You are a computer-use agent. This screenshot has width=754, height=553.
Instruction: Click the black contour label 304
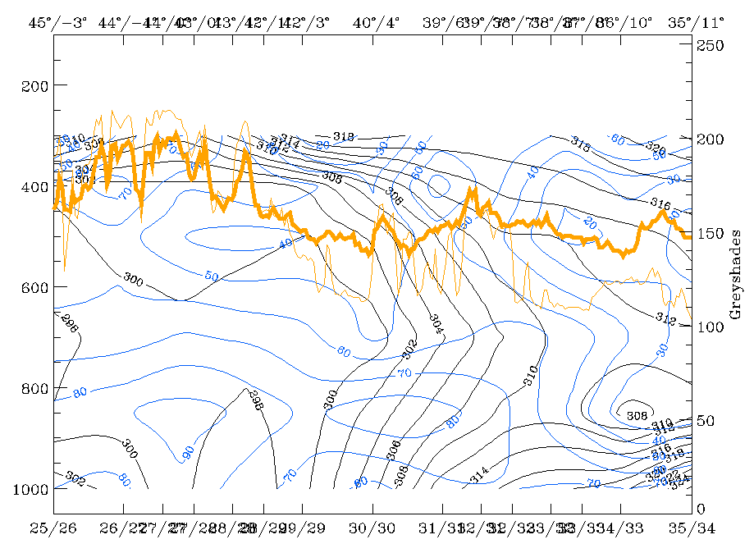coord(436,322)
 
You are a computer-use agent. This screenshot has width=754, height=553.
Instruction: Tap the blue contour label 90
coord(188,452)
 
